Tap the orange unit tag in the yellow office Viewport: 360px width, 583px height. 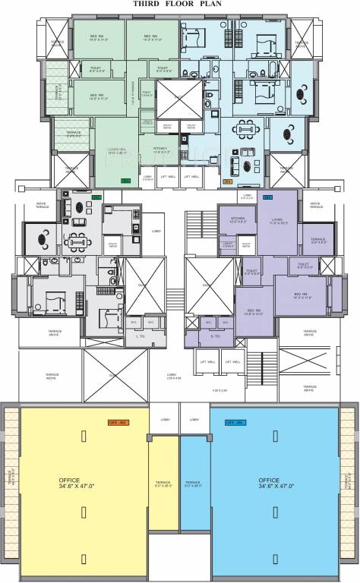[x=118, y=421]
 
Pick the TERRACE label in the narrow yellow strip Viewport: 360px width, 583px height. [x=163, y=484]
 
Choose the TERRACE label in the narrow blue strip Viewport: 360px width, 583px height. [x=193, y=484]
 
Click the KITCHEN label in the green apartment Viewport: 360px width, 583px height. [x=160, y=149]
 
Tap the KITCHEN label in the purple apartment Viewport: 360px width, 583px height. [x=228, y=218]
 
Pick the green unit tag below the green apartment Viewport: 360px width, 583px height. [x=126, y=181]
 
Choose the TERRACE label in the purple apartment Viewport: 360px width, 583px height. [x=317, y=241]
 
